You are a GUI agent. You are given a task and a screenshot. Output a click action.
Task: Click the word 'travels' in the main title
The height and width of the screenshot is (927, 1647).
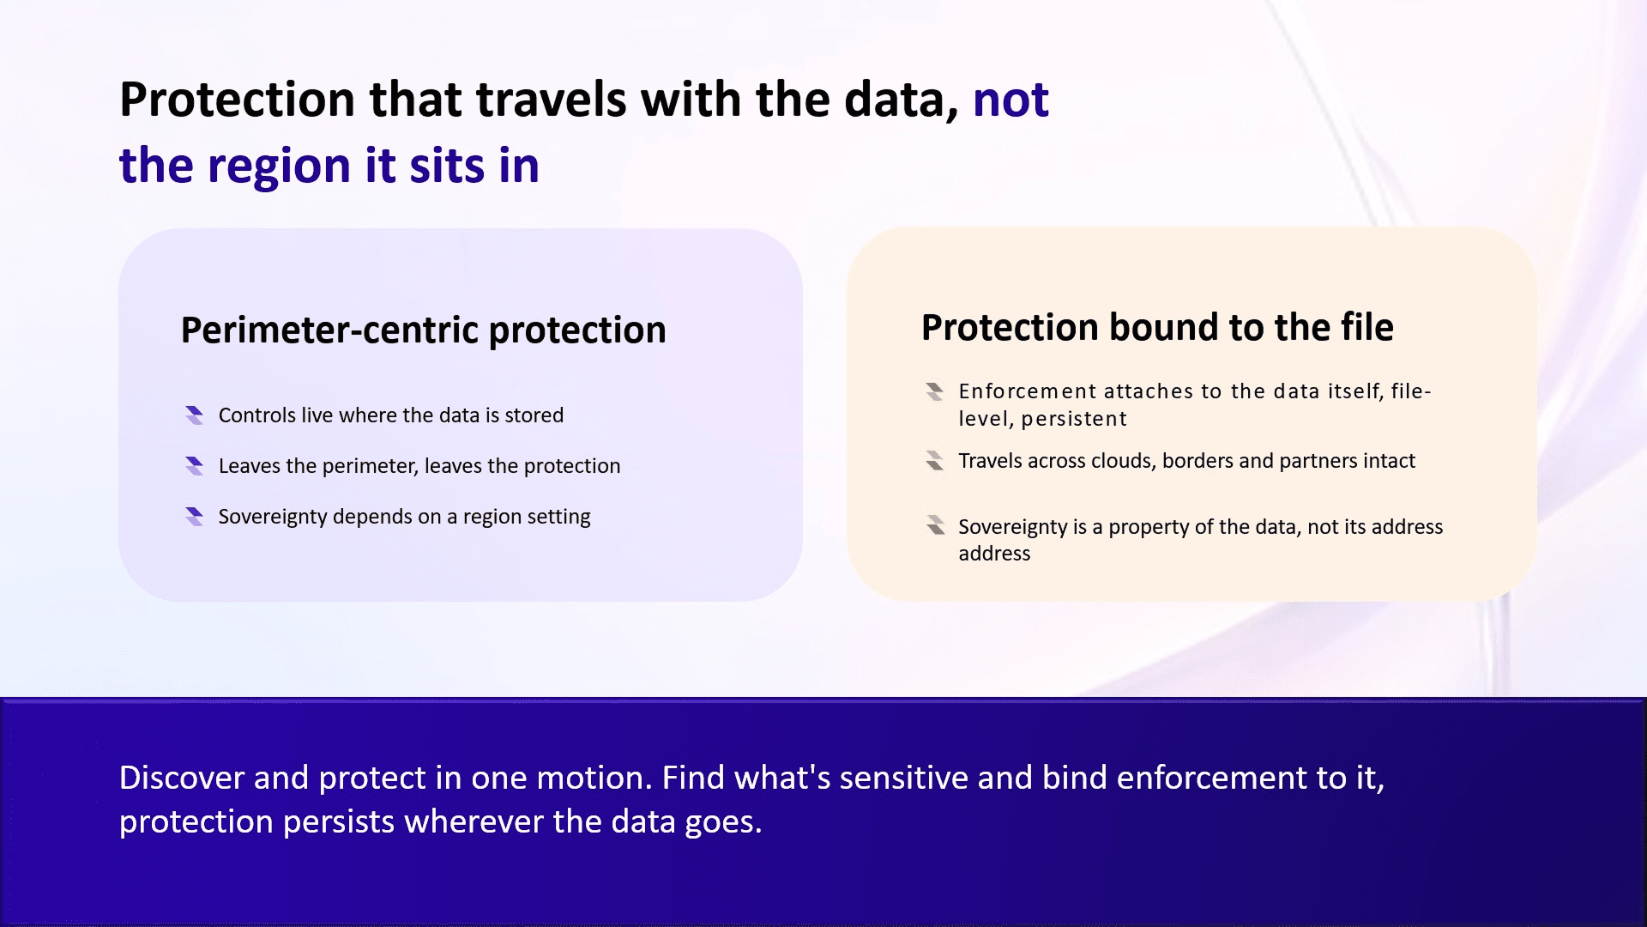[x=552, y=100]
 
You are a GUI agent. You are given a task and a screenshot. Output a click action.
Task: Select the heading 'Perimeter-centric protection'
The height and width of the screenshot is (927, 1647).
[x=423, y=330]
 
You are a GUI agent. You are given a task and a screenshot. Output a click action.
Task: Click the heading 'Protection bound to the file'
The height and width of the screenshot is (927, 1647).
[x=1157, y=327]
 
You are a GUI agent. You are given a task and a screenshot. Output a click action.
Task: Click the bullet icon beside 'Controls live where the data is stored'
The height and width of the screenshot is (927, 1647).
[x=195, y=415]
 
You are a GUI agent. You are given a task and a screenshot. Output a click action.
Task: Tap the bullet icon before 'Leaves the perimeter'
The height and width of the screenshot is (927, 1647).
[x=195, y=466]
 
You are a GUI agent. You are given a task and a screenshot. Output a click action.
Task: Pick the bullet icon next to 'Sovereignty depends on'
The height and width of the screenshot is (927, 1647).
[x=195, y=517]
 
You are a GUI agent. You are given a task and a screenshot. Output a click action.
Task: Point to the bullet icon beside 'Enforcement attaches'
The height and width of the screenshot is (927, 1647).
[x=935, y=391]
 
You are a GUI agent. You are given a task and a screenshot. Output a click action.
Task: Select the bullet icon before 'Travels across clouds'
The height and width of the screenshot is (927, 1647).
[x=935, y=461]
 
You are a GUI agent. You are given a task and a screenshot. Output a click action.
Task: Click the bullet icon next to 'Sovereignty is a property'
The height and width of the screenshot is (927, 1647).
[x=935, y=525]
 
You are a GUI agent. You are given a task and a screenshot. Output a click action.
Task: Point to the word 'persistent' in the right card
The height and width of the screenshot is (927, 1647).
[x=1074, y=419]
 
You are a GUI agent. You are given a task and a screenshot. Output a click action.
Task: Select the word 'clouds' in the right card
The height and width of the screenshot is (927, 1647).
[x=1123, y=461]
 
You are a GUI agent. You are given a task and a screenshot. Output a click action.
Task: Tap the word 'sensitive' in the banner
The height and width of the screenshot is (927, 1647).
[x=903, y=778]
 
